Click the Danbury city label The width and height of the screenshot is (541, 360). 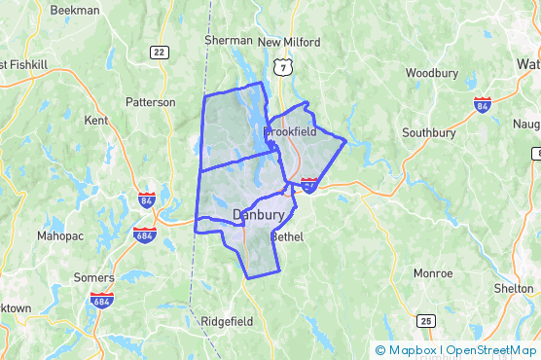point(258,214)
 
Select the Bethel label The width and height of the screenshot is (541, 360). point(287,237)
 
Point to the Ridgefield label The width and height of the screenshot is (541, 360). point(227,321)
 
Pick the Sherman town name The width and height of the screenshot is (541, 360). point(229,41)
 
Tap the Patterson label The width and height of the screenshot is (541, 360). point(151,101)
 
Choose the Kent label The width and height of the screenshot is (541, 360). point(96,121)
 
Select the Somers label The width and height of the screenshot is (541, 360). point(93,277)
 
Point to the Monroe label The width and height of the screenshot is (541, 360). point(432,273)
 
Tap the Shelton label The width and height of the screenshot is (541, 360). point(514,288)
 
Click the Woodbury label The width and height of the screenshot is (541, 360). point(425,73)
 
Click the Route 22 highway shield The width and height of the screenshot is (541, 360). point(160,53)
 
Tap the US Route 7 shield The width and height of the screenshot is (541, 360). point(282,66)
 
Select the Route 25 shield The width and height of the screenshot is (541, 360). point(425,320)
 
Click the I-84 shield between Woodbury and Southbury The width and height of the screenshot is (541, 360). point(484,104)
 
